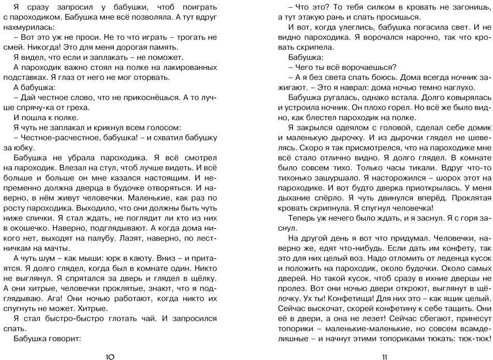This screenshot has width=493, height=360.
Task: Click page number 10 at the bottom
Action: [110, 355]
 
